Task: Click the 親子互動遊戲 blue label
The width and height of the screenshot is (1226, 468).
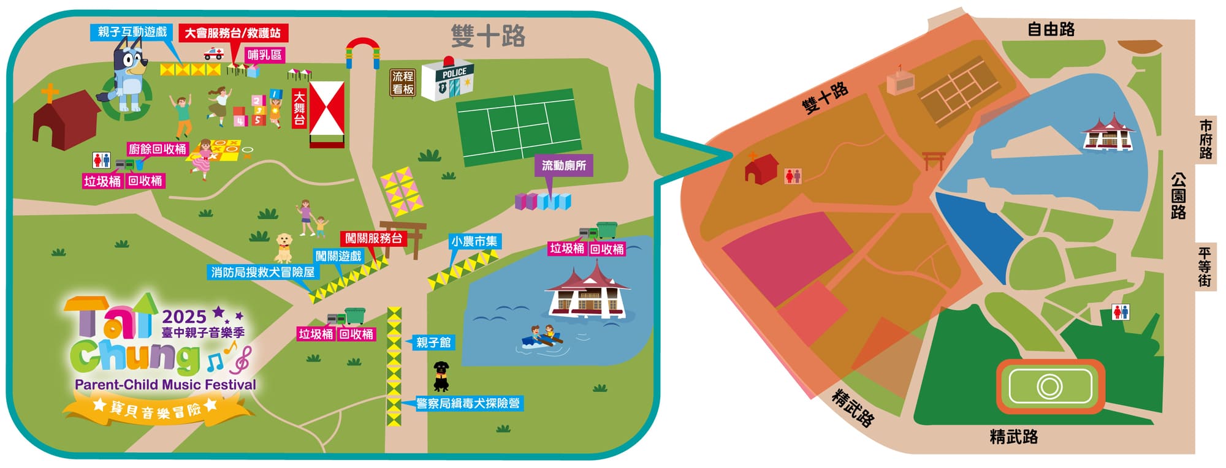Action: click(132, 32)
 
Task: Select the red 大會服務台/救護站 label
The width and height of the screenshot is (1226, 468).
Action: click(233, 33)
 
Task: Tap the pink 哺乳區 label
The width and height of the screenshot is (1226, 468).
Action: click(265, 55)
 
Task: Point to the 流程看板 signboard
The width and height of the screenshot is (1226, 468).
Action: click(403, 83)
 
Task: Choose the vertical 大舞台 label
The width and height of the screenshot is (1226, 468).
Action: click(299, 108)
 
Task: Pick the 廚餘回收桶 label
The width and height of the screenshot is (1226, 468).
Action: click(157, 149)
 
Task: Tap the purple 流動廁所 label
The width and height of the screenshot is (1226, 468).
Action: click(563, 165)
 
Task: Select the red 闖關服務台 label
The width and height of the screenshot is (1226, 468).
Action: click(373, 238)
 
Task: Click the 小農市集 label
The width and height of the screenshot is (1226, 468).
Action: click(474, 241)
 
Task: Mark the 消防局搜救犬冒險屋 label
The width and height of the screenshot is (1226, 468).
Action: click(262, 272)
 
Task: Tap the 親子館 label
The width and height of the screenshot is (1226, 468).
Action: click(433, 342)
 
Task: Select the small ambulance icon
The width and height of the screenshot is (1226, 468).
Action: click(213, 53)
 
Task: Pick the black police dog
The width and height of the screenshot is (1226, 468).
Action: click(441, 376)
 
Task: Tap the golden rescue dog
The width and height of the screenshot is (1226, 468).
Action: click(283, 247)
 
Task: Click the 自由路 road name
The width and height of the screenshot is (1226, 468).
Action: click(1051, 29)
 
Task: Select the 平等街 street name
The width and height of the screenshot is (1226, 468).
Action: click(1205, 267)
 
